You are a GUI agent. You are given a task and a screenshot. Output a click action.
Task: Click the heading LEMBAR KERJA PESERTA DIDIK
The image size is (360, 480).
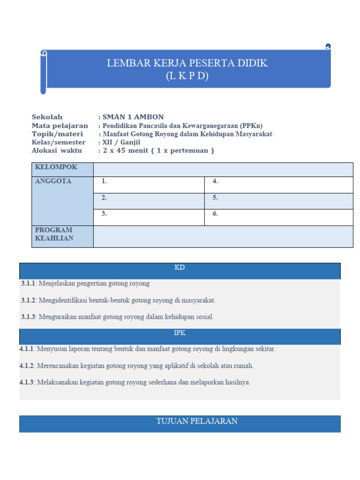187,63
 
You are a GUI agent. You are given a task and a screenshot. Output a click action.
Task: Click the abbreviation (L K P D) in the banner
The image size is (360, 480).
187,76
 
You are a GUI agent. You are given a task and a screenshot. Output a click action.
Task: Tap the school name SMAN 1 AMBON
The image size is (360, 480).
133,117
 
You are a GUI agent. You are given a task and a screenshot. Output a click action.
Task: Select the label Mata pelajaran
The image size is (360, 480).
60,126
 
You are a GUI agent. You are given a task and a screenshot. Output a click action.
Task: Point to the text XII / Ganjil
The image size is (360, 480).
121,142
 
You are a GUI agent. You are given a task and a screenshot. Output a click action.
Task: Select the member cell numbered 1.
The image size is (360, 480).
149,185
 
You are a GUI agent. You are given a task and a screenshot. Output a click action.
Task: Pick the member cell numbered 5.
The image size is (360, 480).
278,201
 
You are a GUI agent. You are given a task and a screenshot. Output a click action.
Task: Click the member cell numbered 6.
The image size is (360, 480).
278,217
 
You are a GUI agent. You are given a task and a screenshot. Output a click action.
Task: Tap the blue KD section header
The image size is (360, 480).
180,270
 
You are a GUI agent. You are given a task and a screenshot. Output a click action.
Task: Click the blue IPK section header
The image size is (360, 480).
180,336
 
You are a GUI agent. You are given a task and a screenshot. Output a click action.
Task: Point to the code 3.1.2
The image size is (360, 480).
28,300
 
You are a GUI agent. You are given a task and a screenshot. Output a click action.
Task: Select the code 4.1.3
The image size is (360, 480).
27,382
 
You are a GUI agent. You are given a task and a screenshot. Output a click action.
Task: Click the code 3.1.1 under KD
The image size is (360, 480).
28,284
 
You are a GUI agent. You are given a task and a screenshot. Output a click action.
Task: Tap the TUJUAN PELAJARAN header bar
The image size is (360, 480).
180,423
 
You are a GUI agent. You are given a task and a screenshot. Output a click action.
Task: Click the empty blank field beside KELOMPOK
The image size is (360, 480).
223,170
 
